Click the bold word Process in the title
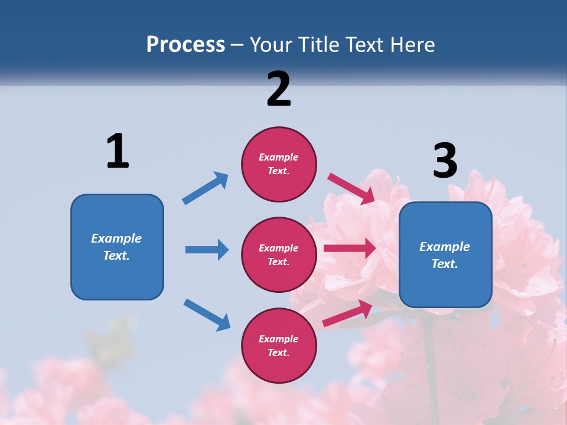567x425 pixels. tap(185, 45)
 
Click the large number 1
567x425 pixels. tap(118, 151)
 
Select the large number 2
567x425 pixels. tap(279, 89)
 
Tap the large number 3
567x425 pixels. tap(445, 161)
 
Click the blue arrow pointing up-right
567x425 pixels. tap(206, 188)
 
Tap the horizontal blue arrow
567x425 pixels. tap(207, 250)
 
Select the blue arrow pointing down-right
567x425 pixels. tap(207, 315)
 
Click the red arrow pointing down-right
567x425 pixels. tap(351, 188)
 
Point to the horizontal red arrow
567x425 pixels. tap(350, 249)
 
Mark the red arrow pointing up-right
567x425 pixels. tap(347, 313)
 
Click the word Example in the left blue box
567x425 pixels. tap(116, 238)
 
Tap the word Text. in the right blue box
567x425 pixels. tap(445, 264)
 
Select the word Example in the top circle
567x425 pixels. tap(279, 157)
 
